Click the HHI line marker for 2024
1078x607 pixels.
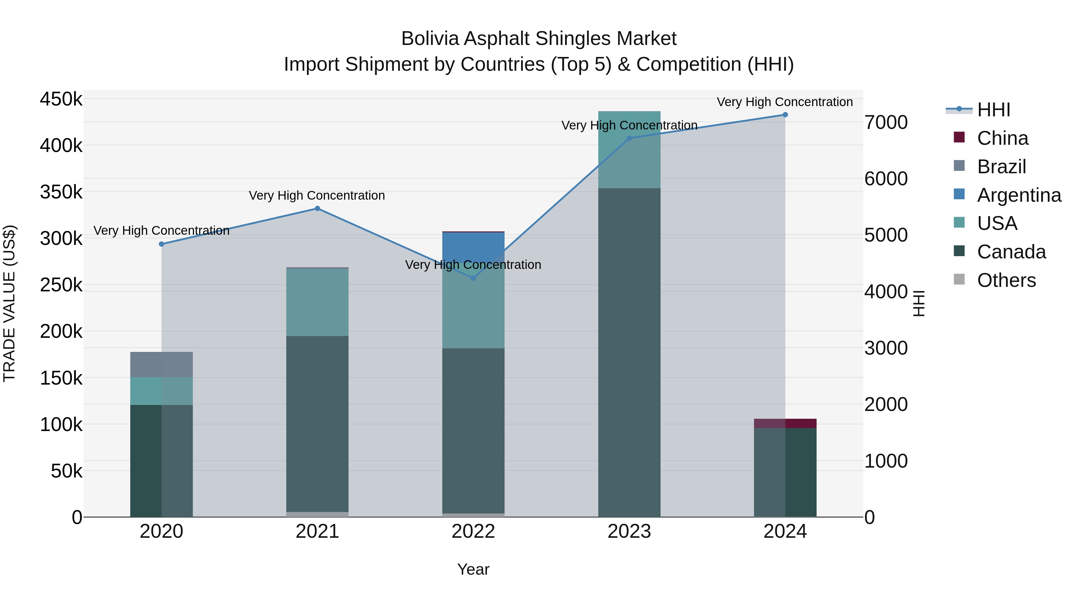point(785,115)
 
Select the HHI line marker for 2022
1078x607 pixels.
point(473,278)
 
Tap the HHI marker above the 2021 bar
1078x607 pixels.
point(317,209)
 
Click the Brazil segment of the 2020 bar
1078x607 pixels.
point(161,364)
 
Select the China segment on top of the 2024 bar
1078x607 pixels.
point(785,423)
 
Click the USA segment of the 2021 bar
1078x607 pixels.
point(317,302)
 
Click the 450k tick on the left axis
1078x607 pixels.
point(61,100)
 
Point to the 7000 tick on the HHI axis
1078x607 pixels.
point(886,122)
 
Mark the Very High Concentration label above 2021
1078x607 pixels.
point(317,196)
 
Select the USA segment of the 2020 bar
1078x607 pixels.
point(161,391)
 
